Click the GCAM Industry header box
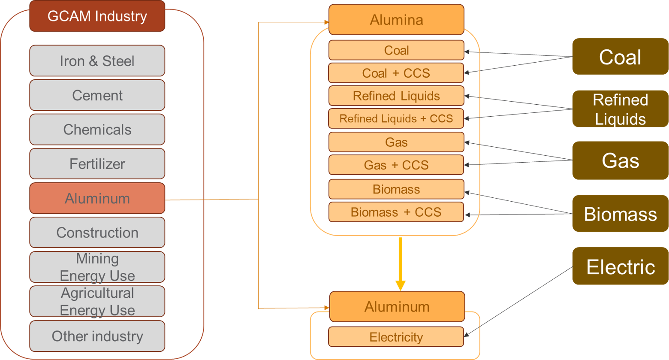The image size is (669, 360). click(x=97, y=16)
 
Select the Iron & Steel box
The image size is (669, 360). click(x=97, y=61)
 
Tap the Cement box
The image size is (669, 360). click(x=97, y=95)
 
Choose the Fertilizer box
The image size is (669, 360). click(x=97, y=164)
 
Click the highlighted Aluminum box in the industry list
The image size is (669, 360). click(x=97, y=198)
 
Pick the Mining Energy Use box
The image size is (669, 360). click(x=97, y=267)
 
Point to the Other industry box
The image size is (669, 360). click(x=97, y=336)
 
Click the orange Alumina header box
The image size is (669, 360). click(x=396, y=20)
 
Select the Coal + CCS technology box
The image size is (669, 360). click(x=396, y=73)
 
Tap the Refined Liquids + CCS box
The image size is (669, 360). click(x=396, y=118)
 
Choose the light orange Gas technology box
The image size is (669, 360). click(x=396, y=142)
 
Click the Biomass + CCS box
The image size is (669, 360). click(x=396, y=212)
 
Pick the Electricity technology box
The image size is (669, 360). click(x=396, y=337)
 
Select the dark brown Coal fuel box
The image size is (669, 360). click(x=620, y=57)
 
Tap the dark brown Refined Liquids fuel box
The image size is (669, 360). click(x=620, y=109)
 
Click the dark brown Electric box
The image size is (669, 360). click(x=620, y=266)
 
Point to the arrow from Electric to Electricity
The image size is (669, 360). click(x=518, y=302)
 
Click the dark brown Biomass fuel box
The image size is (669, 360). click(x=620, y=213)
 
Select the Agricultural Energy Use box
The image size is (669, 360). click(x=97, y=301)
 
